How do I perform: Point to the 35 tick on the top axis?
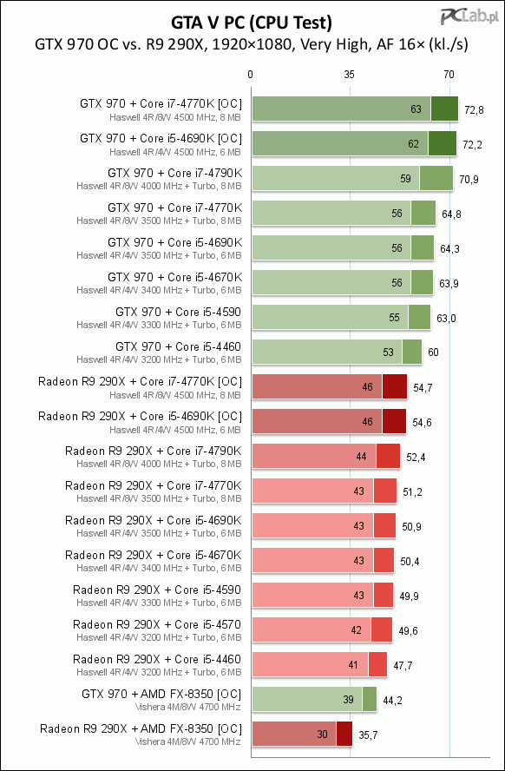point(349,75)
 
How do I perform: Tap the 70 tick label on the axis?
point(449,75)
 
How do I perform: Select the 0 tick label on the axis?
point(251,75)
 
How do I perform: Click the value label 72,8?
point(474,110)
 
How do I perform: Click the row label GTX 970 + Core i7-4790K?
point(174,173)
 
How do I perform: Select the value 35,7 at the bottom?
point(368,735)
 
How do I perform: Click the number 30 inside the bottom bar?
point(322,735)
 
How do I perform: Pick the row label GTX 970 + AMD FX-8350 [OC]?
point(161,695)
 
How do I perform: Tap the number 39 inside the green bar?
point(348,700)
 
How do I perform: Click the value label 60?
point(433,353)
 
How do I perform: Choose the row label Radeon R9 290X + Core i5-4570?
point(157,624)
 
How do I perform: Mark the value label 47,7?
point(403,666)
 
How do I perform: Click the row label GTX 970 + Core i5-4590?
point(179,312)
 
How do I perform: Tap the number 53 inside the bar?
point(388,352)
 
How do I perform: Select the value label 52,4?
point(416,458)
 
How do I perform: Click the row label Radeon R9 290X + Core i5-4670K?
point(154,555)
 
